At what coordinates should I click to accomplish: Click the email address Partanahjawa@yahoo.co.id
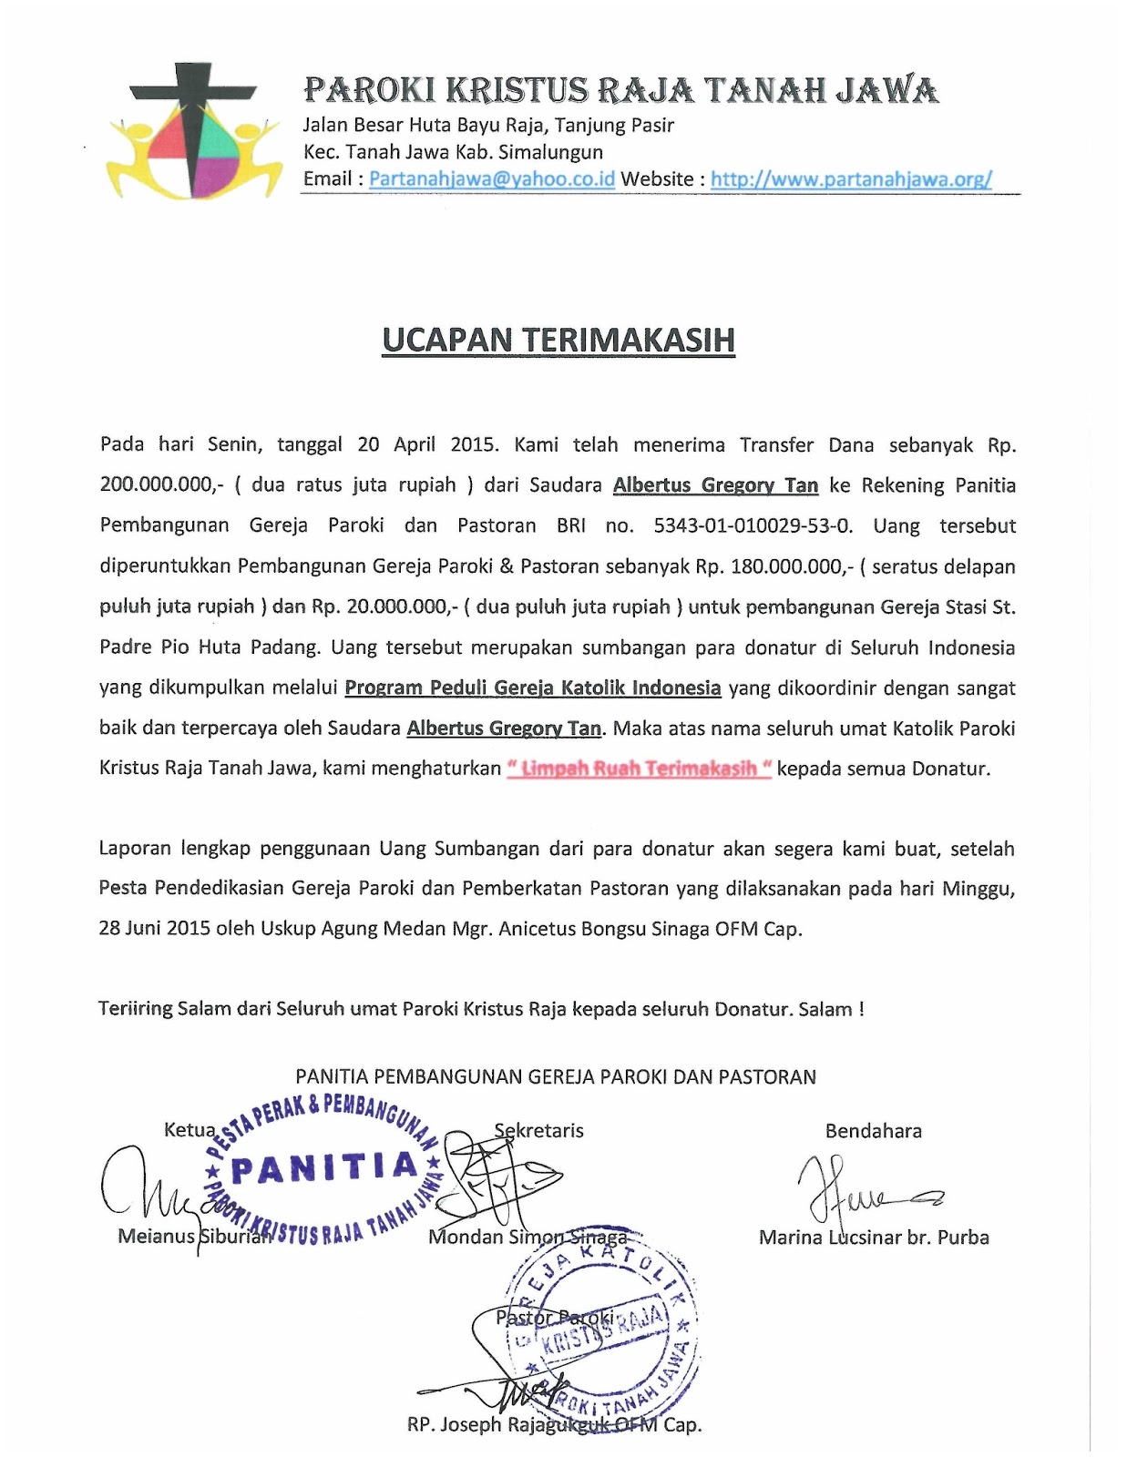[492, 178]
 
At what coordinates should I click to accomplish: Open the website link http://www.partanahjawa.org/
[851, 178]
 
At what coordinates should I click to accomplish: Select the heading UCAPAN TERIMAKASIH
[558, 340]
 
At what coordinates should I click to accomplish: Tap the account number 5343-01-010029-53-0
[753, 525]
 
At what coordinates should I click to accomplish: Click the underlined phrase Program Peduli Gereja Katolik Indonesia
[533, 688]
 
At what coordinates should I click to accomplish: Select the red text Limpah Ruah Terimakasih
[640, 769]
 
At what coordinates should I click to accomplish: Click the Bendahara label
[873, 1131]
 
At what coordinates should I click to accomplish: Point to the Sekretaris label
[538, 1131]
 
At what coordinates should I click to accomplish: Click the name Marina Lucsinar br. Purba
[874, 1237]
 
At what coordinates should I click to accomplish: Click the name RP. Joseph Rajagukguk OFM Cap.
[554, 1424]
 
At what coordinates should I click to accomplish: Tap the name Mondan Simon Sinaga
[528, 1237]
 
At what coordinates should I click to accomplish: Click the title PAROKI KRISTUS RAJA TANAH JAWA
[620, 90]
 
